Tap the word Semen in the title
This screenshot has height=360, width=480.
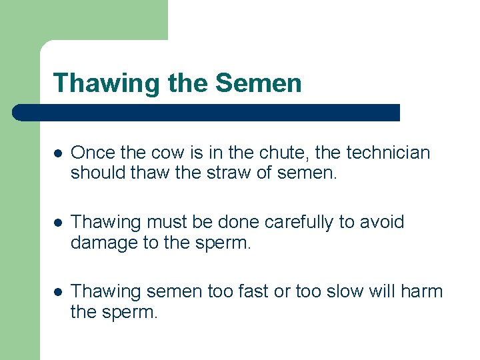coord(258,84)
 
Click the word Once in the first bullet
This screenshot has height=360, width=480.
coord(93,153)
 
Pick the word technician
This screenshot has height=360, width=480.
coord(387,153)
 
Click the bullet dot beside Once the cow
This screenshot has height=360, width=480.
coord(58,153)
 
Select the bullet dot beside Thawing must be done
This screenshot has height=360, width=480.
coord(58,223)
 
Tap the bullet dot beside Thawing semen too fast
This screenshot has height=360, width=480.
coord(58,292)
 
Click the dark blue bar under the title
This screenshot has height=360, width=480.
coord(207,112)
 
